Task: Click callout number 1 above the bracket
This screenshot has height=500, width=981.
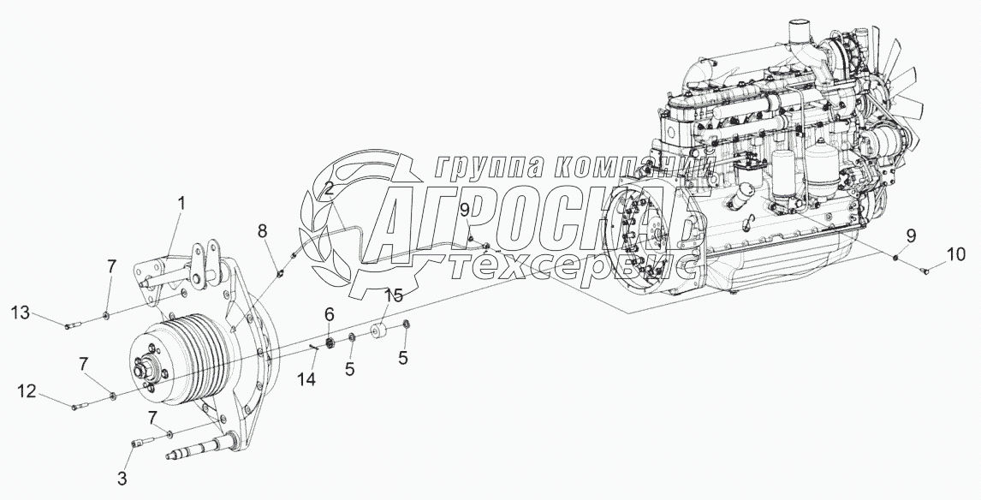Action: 181,204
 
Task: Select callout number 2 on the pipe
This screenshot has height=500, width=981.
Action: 328,189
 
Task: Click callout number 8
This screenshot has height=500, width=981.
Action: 263,230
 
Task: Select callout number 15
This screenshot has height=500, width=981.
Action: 392,296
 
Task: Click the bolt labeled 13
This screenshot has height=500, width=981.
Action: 74,324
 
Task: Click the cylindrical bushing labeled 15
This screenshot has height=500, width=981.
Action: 378,331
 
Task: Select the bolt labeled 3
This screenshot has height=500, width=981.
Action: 141,443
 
